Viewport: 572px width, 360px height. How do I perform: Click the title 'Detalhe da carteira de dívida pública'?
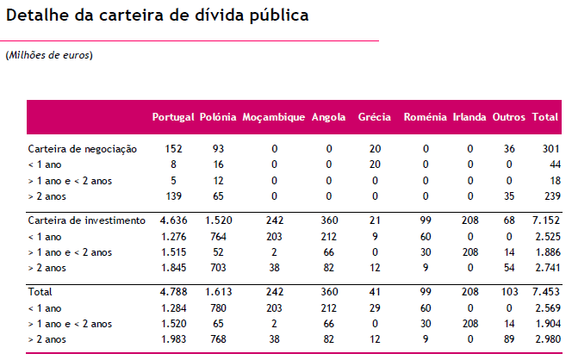156,16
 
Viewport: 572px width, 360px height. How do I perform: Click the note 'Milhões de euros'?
49,55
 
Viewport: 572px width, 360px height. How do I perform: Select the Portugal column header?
172,117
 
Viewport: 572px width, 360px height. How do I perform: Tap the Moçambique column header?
274,117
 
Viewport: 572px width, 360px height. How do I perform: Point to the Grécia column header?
375,117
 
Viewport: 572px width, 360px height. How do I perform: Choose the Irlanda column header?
469,117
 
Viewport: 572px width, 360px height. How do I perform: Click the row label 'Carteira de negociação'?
82,149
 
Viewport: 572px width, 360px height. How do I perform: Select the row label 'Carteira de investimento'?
86,220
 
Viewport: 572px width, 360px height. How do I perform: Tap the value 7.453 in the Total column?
545,292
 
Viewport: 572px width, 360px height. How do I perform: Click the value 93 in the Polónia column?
218,149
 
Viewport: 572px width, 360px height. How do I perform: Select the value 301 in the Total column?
550,149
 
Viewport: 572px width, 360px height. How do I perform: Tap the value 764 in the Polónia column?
218,235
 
